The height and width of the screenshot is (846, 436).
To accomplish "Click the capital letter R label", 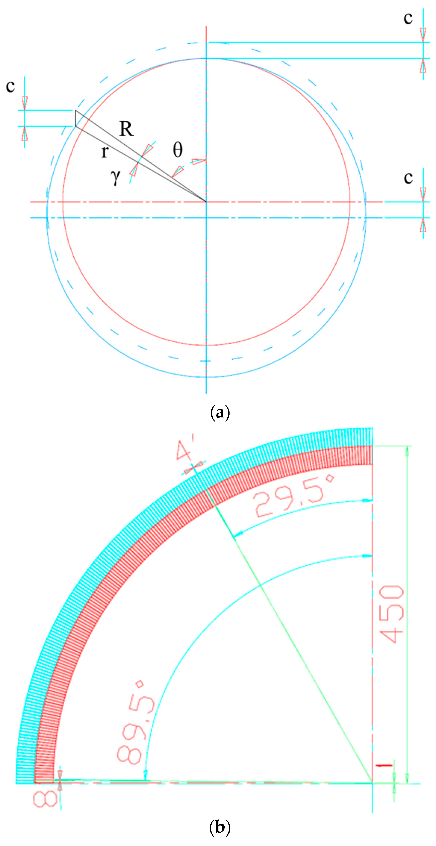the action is (x=127, y=129).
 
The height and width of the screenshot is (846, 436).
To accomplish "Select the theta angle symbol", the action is (x=178, y=150).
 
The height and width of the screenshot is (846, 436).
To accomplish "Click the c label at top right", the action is (x=408, y=18).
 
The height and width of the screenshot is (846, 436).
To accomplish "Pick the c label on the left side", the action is (x=10, y=86).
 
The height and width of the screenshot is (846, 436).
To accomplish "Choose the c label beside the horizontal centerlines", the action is (x=408, y=178).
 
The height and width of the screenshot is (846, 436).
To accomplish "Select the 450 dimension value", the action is (x=392, y=614).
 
